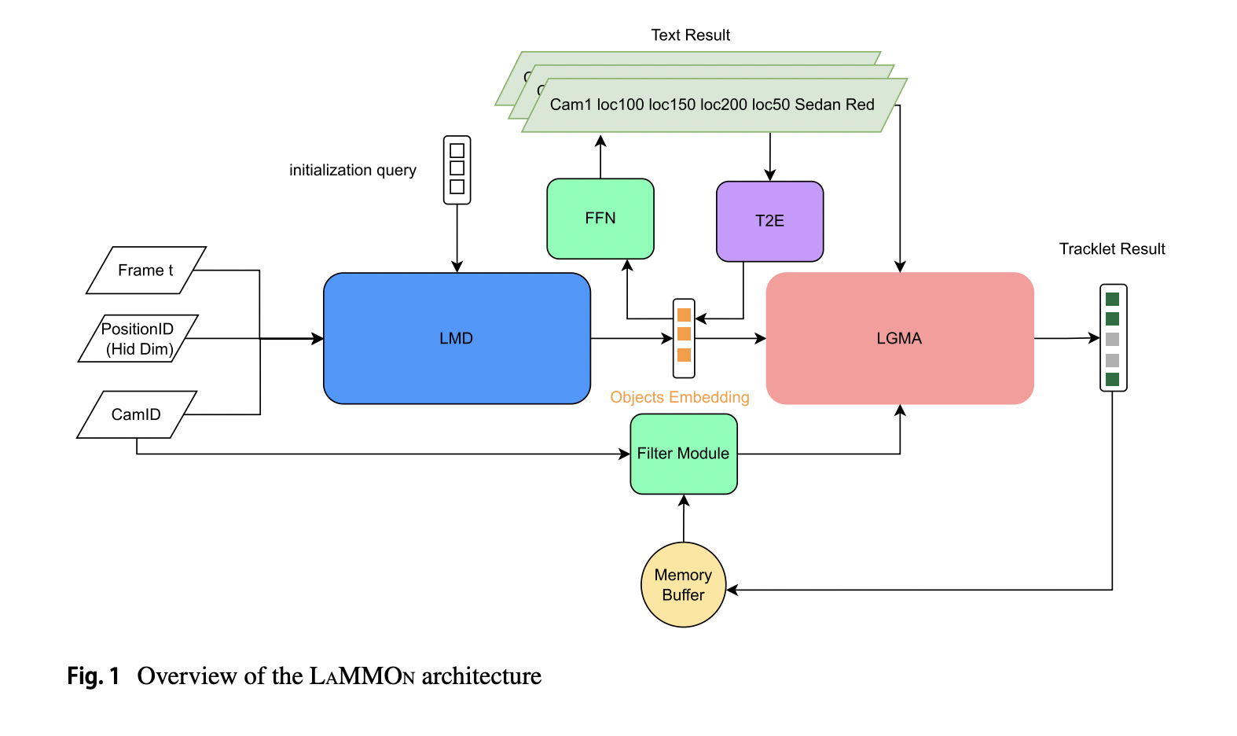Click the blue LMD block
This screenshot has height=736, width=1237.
(457, 338)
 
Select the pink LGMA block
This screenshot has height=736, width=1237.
(899, 338)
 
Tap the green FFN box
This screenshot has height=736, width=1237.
(600, 219)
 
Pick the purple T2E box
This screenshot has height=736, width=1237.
(769, 221)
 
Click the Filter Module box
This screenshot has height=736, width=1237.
(683, 454)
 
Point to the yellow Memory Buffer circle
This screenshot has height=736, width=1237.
(683, 585)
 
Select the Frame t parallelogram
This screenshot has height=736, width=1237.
(145, 270)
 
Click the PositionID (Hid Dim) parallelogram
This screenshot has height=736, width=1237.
(138, 339)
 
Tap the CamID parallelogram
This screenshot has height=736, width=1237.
(136, 414)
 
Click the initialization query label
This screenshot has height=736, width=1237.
(352, 171)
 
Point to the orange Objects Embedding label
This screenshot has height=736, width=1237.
(679, 397)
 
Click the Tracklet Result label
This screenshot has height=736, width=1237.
(1111, 249)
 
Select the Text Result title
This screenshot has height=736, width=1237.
(690, 35)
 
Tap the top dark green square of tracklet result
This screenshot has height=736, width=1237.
(1112, 299)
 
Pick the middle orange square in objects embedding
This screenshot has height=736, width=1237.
(684, 334)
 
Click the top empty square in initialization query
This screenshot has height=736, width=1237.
(457, 150)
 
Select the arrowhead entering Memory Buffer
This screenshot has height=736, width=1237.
(732, 590)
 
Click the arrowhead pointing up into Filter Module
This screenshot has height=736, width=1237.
(684, 500)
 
